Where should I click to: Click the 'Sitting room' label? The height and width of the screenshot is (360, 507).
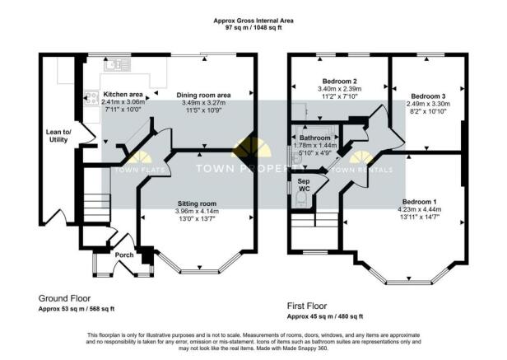[197, 203]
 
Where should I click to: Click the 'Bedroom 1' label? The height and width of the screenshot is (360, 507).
[420, 201]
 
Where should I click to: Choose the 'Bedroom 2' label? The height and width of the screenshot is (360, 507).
[338, 81]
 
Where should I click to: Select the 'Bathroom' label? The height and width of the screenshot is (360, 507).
[315, 138]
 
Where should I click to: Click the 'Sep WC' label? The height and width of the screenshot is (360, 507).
[304, 185]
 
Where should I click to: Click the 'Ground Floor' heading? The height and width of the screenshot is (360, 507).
[65, 298]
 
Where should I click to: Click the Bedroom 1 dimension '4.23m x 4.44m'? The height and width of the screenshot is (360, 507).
[420, 209]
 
